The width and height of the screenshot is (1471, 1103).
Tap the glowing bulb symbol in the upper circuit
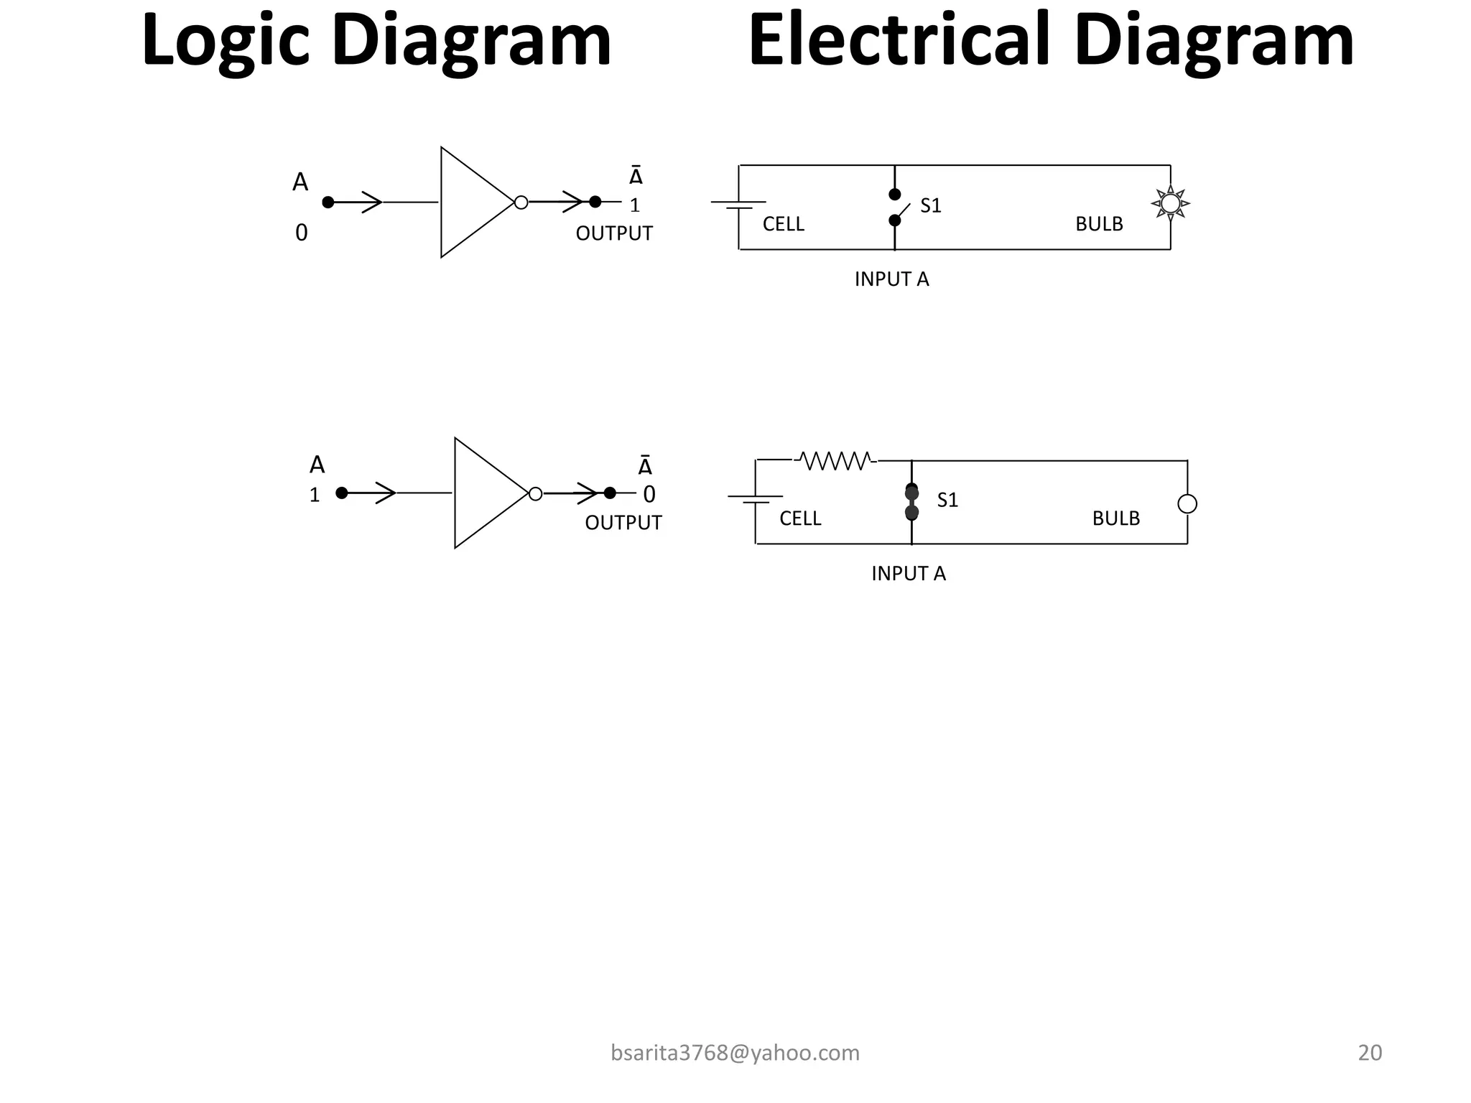click(1170, 203)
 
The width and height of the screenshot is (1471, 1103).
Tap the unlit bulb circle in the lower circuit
click(1187, 504)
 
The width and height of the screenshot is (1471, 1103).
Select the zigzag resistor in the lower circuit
click(835, 460)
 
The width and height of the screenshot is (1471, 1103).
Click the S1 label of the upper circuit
click(930, 206)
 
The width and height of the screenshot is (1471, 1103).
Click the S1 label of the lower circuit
click(947, 501)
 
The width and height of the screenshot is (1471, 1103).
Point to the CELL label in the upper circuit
click(783, 225)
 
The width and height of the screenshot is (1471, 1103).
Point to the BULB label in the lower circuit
click(1115, 518)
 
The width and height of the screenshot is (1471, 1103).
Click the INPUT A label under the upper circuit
click(891, 279)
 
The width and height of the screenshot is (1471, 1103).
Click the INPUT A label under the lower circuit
click(908, 574)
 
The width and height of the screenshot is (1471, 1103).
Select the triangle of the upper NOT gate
click(470, 203)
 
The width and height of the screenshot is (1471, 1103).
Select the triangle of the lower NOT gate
click(485, 493)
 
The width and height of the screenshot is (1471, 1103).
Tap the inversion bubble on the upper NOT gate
click(521, 203)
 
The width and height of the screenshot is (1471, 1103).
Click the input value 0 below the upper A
click(302, 233)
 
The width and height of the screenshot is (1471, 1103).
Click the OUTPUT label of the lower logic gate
click(623, 523)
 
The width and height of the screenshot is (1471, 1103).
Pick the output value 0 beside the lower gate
click(649, 495)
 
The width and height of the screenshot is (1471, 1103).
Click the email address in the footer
click(735, 1053)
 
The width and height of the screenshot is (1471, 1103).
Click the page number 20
click(1370, 1053)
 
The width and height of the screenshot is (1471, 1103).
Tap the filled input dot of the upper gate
click(328, 203)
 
